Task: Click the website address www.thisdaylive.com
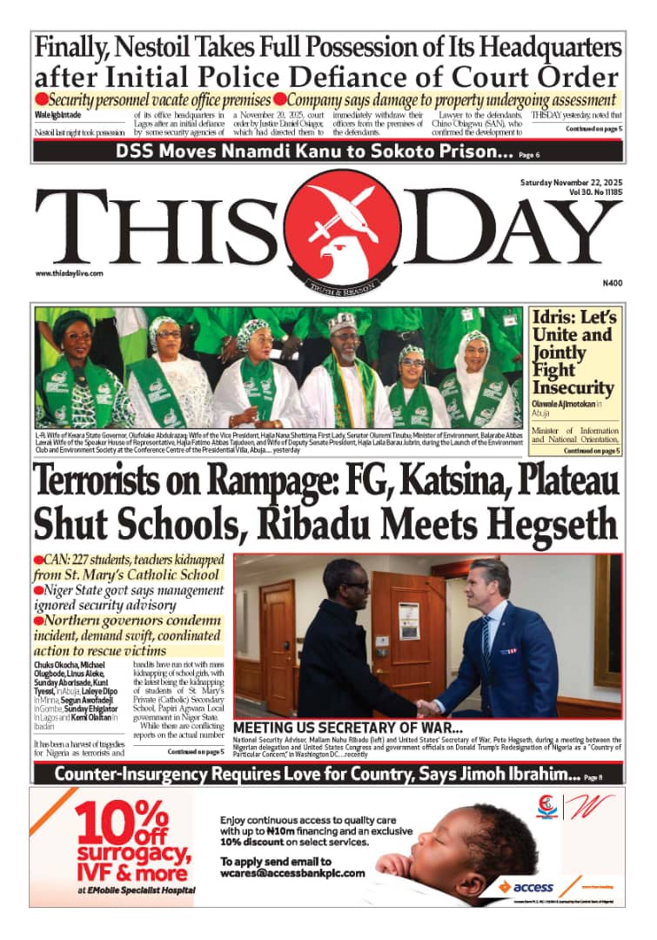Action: pyautogui.click(x=70, y=273)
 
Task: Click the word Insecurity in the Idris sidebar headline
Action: pyautogui.click(x=573, y=387)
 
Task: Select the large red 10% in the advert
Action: pyautogui.click(x=122, y=822)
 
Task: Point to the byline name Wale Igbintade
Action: pyautogui.click(x=60, y=115)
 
